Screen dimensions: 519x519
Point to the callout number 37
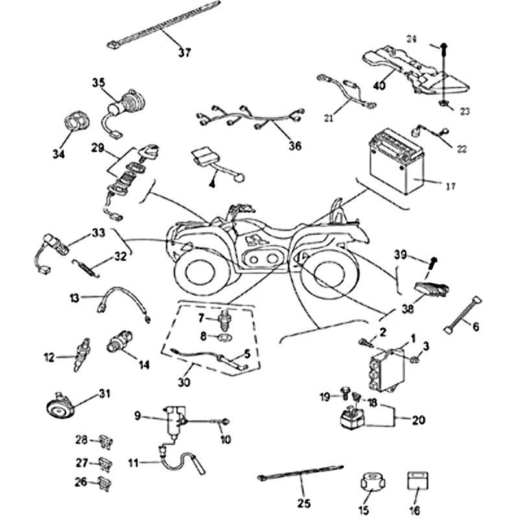[184, 53]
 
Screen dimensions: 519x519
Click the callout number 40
[380, 85]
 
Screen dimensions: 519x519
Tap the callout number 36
[295, 146]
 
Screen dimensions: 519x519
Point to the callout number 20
[418, 420]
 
